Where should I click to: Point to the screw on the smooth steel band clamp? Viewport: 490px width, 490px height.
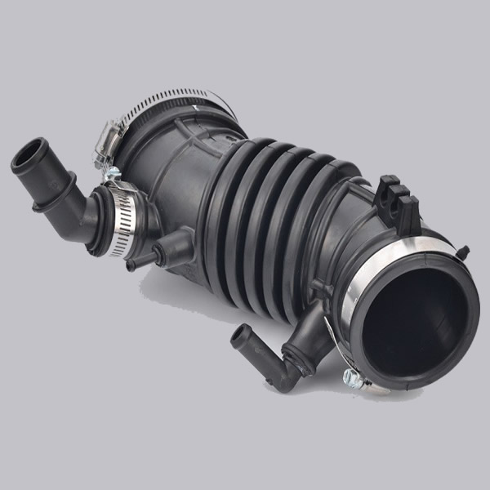click(353, 376)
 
